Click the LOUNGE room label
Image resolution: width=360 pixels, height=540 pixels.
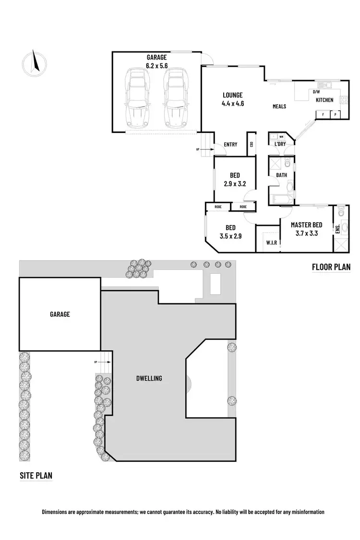pyautogui.click(x=233, y=95)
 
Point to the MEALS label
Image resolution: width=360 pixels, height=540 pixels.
pyautogui.click(x=279, y=107)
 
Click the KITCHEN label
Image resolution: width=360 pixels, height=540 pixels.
pyautogui.click(x=324, y=100)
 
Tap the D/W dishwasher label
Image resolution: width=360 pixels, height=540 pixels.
pyautogui.click(x=316, y=92)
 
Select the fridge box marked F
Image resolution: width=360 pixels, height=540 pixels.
pyautogui.click(x=323, y=115)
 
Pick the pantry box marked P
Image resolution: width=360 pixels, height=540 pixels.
pyautogui.click(x=334, y=115)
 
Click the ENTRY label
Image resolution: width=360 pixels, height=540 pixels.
pyautogui.click(x=230, y=144)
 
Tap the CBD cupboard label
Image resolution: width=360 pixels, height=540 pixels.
pyautogui.click(x=252, y=144)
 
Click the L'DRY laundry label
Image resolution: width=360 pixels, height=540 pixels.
pyautogui.click(x=280, y=144)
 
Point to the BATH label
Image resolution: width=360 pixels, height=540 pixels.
pyautogui.click(x=281, y=175)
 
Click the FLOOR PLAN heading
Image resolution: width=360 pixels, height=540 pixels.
pyautogui.click(x=331, y=267)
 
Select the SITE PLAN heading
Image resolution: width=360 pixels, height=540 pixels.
pyautogui.click(x=36, y=476)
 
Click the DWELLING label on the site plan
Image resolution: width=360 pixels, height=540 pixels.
pyautogui.click(x=149, y=378)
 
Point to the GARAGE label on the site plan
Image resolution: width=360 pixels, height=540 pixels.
pyautogui.click(x=60, y=314)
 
